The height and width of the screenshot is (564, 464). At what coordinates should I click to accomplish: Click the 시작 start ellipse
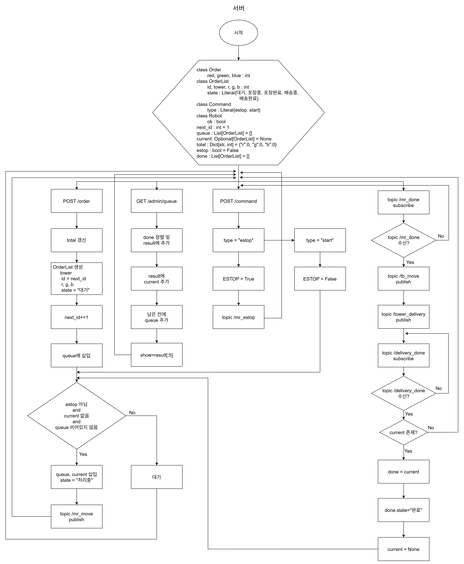[x=238, y=33]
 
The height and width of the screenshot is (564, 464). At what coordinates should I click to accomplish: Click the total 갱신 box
[x=77, y=240]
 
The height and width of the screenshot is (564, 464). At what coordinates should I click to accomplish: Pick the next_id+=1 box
[x=77, y=317]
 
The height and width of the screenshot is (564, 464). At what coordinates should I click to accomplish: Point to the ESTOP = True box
[x=238, y=279]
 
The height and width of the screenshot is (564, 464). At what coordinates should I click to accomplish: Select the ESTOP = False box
[x=320, y=279]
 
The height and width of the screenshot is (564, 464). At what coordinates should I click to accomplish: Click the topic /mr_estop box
[x=238, y=317]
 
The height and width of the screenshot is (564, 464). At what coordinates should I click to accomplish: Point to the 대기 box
[x=157, y=477]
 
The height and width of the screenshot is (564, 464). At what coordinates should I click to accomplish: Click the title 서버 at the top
[x=238, y=8]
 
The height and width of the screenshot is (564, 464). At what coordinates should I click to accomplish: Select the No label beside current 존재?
[x=431, y=428]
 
